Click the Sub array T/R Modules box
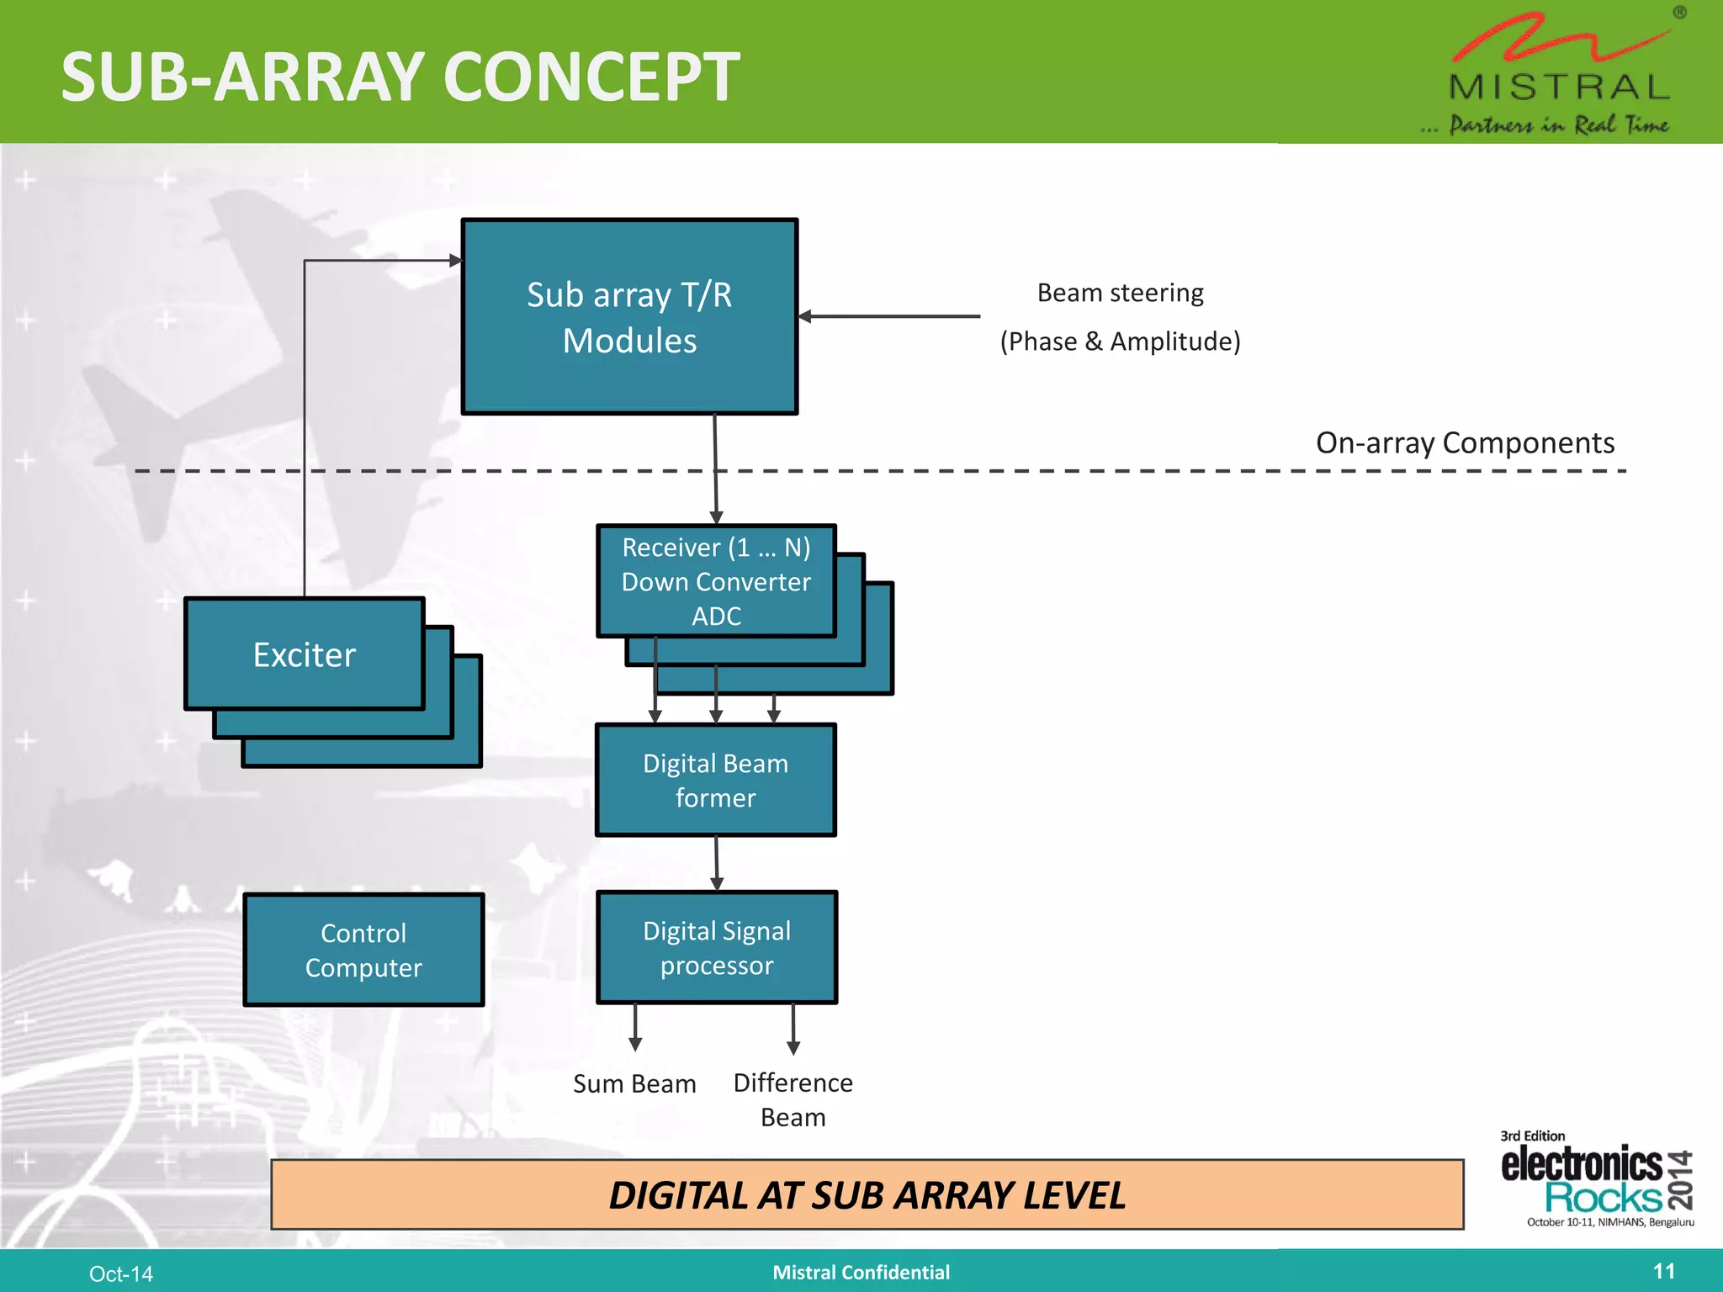pos(629,317)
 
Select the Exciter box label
pos(305,655)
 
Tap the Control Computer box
pos(363,950)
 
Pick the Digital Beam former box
pos(716,781)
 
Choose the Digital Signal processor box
pos(717,948)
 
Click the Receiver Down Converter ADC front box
pos(716,581)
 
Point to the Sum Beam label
pos(634,1084)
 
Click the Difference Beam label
pos(793,1099)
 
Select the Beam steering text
pos(1120,294)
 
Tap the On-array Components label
pos(1464,443)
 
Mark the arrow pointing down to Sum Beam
pos(635,1028)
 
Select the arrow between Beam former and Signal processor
pos(716,863)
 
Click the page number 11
pos(1663,1271)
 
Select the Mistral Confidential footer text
pos(861,1273)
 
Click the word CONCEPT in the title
pos(591,77)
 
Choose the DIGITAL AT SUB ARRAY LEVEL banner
pos(867,1195)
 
